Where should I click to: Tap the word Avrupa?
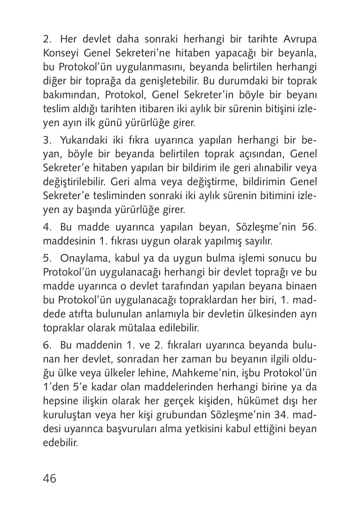(299, 38)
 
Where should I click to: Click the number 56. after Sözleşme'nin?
(307, 225)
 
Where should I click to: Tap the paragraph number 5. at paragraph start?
(47, 258)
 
